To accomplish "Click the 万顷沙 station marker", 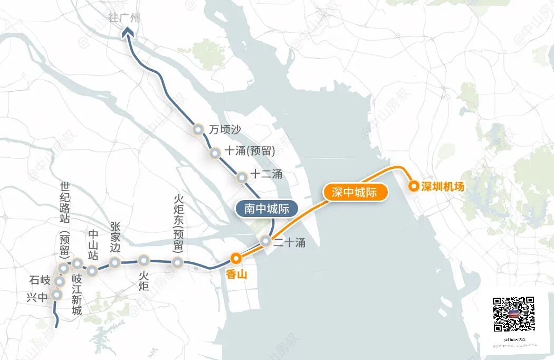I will (x=198, y=129).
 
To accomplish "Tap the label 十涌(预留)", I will (x=250, y=151).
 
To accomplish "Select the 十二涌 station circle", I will (x=242, y=177).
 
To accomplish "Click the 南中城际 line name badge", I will (x=266, y=209).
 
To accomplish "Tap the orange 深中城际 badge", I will (x=355, y=193).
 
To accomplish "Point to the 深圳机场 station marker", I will (x=414, y=186).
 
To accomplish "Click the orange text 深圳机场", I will (x=443, y=186).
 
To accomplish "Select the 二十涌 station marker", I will (x=266, y=241).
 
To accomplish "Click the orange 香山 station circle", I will (x=236, y=258).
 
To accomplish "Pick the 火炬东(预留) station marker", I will (x=178, y=262).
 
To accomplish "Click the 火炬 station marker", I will (x=144, y=260).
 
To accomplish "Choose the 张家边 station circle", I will (x=114, y=262).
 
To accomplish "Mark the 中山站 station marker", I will (x=92, y=271).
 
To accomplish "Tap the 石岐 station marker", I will (x=60, y=282).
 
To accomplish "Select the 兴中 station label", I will (x=37, y=297).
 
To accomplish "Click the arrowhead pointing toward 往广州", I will (x=127, y=34).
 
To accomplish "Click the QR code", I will (x=513, y=314).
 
